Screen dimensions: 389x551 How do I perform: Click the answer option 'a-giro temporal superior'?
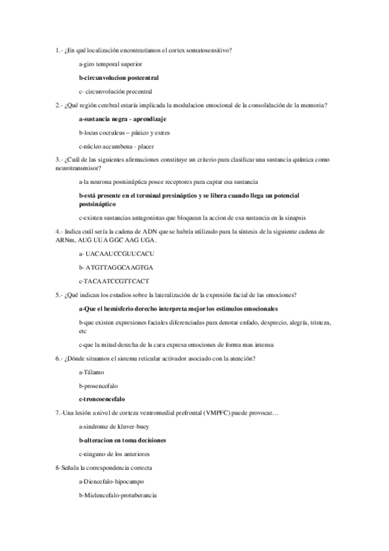(110, 64)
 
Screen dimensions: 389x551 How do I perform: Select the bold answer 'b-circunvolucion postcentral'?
(118, 78)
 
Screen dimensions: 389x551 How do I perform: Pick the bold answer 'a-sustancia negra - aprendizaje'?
(122, 119)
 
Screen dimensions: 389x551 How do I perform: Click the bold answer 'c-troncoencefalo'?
(102, 399)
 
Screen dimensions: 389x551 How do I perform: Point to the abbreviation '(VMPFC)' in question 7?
(216, 413)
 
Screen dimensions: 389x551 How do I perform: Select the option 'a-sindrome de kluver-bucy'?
(113, 427)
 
